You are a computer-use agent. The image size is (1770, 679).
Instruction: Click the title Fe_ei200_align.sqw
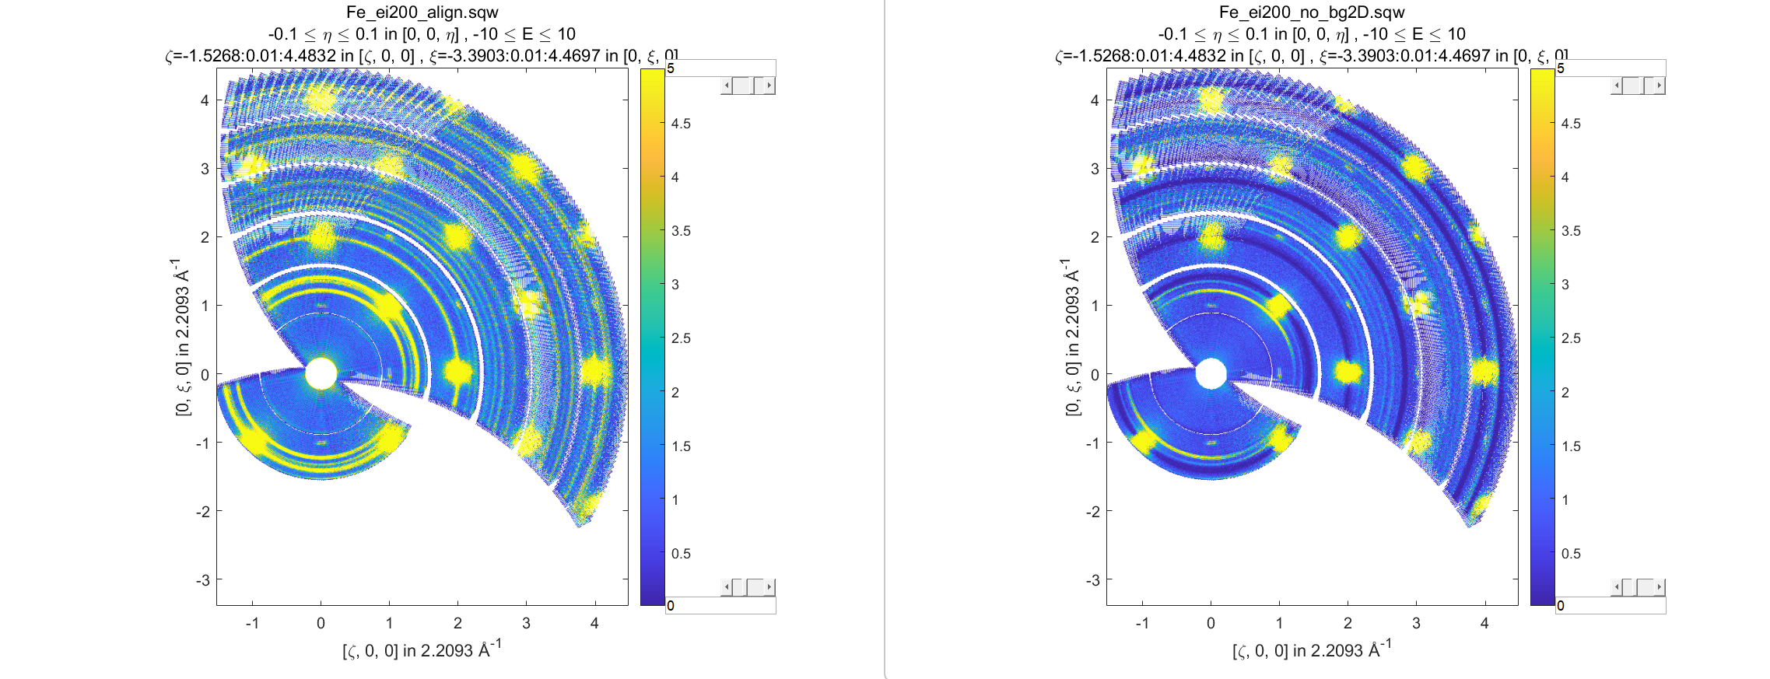tap(422, 12)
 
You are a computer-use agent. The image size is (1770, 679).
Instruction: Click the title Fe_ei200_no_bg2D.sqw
tap(1312, 12)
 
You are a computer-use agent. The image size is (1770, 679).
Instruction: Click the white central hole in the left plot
tap(321, 373)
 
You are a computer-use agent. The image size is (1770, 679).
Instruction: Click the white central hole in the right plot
tap(1211, 373)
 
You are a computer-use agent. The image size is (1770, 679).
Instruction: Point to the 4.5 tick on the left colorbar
tap(681, 124)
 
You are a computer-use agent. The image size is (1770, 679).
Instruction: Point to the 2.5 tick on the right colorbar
tap(1571, 338)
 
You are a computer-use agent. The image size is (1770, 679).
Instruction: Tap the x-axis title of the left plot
tap(422, 649)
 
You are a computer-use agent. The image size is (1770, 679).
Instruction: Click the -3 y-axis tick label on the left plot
tap(203, 580)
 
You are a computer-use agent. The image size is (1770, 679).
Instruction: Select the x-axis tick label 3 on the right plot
tap(1416, 623)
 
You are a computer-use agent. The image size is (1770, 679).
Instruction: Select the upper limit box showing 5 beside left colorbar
tap(720, 68)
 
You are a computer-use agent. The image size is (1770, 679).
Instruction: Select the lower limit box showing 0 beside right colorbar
tap(1611, 605)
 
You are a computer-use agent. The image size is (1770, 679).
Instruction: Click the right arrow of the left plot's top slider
tap(769, 86)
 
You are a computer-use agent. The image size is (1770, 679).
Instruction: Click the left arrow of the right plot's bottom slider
tap(1617, 587)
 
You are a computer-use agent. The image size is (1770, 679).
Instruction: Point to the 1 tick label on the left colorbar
tap(675, 500)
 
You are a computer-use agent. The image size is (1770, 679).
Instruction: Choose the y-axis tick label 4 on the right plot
tap(1095, 100)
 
